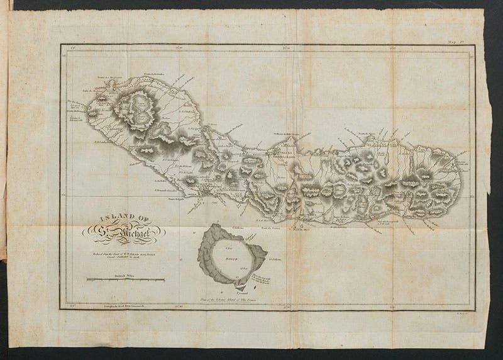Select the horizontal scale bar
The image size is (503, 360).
(x=126, y=280)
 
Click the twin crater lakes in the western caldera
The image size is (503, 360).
(x=139, y=106)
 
